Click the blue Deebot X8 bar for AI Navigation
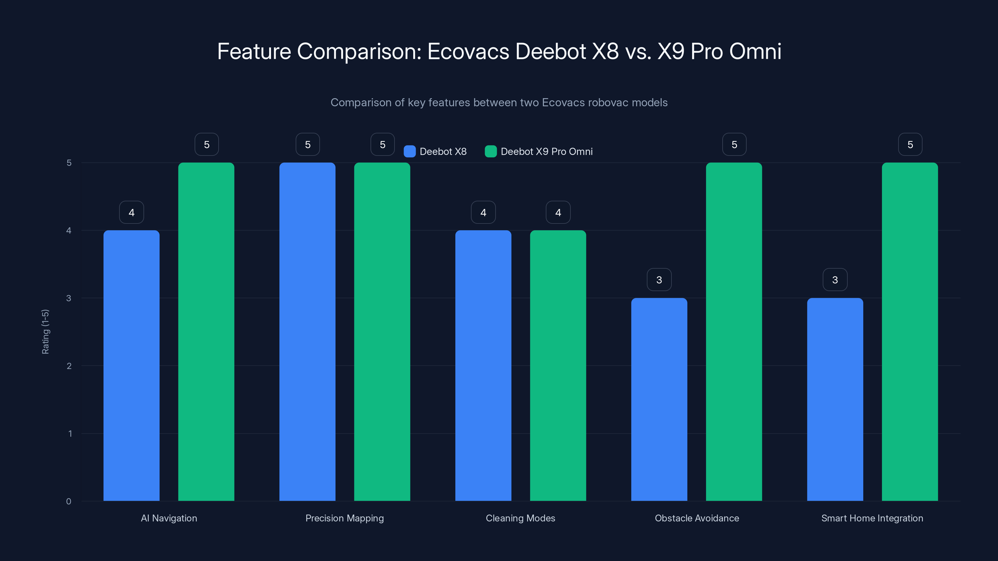click(x=131, y=366)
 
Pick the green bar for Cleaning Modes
click(x=558, y=366)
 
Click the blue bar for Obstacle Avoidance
click(x=659, y=399)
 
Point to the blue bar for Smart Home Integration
click(x=835, y=399)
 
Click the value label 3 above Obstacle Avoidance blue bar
click(x=659, y=280)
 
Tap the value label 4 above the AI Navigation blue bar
click(x=131, y=212)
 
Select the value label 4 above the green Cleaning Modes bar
click(x=558, y=212)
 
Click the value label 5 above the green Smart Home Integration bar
click(x=910, y=144)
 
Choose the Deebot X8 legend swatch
click(x=409, y=151)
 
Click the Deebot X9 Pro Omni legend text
click(x=546, y=151)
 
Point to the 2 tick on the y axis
click(x=69, y=366)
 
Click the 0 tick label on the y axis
click(x=69, y=501)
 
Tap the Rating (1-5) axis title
click(x=45, y=331)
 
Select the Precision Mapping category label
click(x=344, y=518)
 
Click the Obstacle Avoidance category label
click(x=697, y=518)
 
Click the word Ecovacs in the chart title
click(x=468, y=51)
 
